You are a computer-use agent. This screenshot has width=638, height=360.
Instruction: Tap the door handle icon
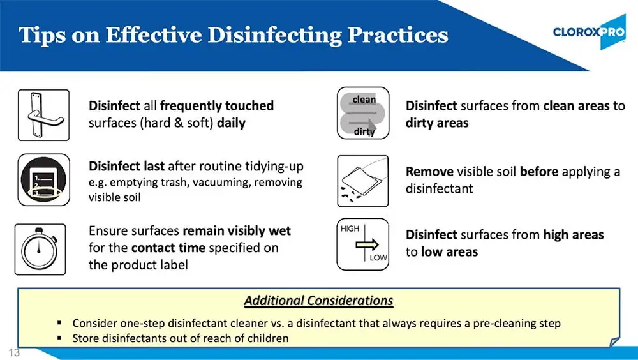[x=43, y=114]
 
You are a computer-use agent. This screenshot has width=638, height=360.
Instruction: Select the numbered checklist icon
[x=43, y=179]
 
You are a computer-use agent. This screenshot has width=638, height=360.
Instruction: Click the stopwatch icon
[x=40, y=248]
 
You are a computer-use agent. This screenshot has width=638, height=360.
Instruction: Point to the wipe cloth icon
[x=362, y=181]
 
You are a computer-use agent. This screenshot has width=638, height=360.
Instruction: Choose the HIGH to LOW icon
[x=362, y=244]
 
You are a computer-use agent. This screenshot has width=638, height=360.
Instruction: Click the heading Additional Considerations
[x=318, y=300]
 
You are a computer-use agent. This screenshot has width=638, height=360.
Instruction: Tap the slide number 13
[x=14, y=352]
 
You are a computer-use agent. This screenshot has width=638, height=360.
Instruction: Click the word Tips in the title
[x=40, y=34]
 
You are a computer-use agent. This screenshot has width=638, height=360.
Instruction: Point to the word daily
[x=231, y=123]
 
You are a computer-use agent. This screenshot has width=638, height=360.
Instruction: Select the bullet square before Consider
[x=59, y=324]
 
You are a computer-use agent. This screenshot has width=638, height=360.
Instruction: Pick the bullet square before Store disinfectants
[x=59, y=338]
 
